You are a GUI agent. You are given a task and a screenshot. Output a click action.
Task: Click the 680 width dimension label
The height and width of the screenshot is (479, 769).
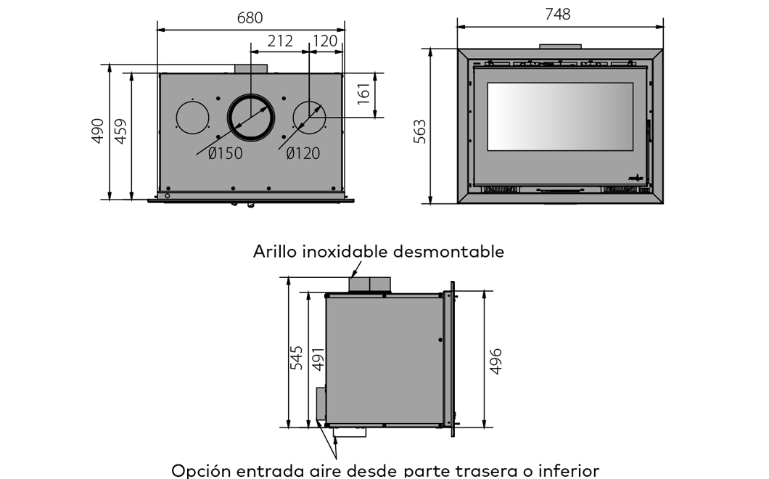point(250,17)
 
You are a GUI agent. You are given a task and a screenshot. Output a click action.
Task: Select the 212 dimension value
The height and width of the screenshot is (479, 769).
point(280,41)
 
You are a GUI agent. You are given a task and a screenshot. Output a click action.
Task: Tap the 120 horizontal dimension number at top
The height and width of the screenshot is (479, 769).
point(325,41)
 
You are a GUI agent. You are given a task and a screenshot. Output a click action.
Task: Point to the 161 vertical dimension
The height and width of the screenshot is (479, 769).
point(363,94)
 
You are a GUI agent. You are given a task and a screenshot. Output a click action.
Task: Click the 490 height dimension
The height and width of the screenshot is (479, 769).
point(98,131)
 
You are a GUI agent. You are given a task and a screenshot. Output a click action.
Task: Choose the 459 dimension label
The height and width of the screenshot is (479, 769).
point(120,131)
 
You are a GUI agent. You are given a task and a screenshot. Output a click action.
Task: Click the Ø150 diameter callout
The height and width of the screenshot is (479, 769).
point(225,153)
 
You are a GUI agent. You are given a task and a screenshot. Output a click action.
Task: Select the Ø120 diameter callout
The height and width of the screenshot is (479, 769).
point(303,153)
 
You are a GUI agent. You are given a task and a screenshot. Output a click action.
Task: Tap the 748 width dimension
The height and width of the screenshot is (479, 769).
point(558,15)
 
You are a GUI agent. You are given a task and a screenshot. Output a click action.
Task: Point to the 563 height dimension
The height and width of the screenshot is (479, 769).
point(420,131)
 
